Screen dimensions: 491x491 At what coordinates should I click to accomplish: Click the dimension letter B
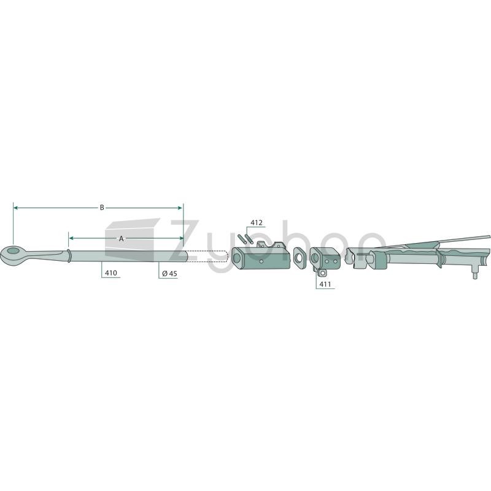point(102,207)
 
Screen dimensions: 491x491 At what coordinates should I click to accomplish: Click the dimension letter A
point(121,239)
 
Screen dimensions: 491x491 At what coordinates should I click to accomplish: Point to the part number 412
point(257,223)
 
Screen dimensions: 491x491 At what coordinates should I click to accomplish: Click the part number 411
point(325,284)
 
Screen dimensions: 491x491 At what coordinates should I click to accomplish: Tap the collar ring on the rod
point(69,255)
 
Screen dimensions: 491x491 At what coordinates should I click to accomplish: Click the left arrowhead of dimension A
point(71,238)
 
